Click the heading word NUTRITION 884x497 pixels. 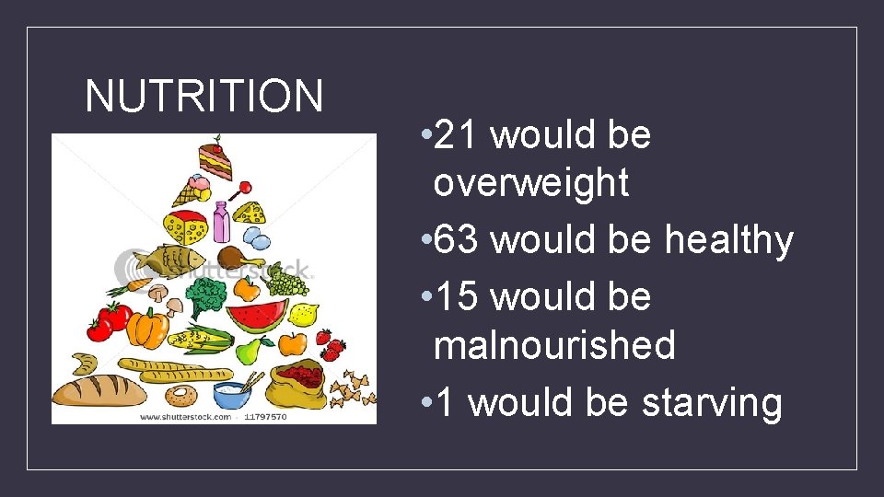click(204, 96)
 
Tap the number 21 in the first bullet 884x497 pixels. click(452, 136)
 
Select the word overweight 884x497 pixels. click(530, 183)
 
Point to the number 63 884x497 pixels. click(452, 241)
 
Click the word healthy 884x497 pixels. click(728, 241)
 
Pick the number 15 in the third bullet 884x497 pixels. click(452, 298)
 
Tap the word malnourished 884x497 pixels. click(554, 346)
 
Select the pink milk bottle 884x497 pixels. click(221, 222)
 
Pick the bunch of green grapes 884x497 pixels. click(288, 280)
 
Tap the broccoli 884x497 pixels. click(206, 296)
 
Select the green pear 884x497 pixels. click(250, 349)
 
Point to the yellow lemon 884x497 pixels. click(303, 314)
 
